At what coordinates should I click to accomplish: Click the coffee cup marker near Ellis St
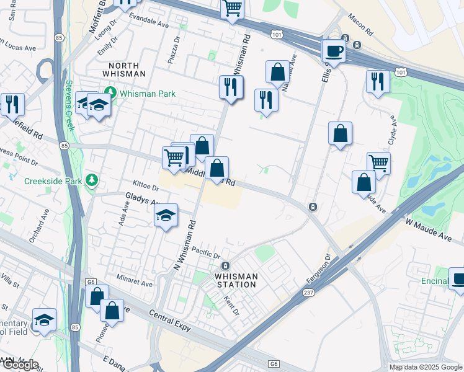pos(334,52)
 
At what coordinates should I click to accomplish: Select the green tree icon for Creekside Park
pos(92,180)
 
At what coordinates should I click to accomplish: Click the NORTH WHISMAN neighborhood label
pos(127,69)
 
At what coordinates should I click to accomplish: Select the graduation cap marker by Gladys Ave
pos(166,216)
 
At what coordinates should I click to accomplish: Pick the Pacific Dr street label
pos(206,252)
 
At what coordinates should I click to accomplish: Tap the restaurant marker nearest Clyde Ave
pos(377,82)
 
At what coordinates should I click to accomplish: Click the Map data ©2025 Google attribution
pos(426,366)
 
